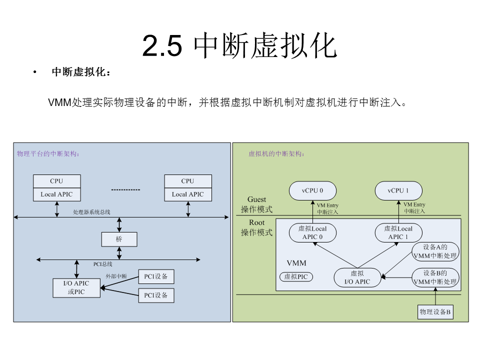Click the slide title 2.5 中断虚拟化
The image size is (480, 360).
click(239, 46)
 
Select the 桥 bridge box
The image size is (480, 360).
click(119, 239)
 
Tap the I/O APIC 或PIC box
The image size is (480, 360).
click(76, 287)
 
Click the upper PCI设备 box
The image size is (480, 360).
click(156, 276)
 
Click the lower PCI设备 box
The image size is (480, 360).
click(156, 295)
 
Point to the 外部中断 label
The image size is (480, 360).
click(116, 276)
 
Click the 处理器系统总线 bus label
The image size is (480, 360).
click(91, 212)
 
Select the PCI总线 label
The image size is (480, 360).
click(103, 264)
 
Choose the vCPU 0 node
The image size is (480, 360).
click(312, 190)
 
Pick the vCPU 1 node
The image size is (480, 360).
click(398, 190)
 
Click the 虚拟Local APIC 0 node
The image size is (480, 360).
click(312, 232)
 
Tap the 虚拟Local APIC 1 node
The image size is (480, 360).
click(398, 232)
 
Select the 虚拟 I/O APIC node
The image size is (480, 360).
click(357, 277)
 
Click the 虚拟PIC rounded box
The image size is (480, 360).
click(295, 276)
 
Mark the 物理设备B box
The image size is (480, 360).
click(435, 312)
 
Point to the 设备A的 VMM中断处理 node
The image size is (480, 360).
click(435, 251)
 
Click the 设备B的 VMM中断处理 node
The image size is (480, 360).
click(435, 277)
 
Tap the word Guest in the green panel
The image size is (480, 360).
click(257, 199)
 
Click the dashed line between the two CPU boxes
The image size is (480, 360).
click(125, 190)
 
